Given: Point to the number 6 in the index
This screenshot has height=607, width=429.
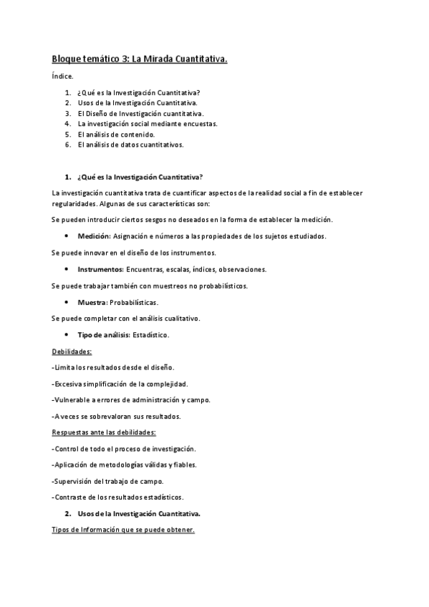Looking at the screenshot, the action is (67, 144).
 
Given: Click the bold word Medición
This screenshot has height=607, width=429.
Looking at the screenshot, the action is (94, 235).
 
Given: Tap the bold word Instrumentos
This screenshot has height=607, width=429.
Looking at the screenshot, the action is (100, 269).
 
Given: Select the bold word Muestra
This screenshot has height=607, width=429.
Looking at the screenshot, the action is (92, 303).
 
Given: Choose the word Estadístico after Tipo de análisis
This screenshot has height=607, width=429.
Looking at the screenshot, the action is (151, 336).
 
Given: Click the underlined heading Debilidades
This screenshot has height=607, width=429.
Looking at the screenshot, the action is (72, 351).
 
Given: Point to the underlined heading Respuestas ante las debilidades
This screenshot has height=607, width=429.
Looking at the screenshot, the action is (104, 432).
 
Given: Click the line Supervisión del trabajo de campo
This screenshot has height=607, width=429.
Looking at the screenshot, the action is (108, 480).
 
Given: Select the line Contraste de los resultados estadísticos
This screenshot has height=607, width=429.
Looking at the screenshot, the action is (118, 497).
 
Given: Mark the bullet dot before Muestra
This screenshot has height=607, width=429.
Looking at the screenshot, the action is (66, 303).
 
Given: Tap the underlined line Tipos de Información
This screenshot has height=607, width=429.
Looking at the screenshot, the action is (123, 530).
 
